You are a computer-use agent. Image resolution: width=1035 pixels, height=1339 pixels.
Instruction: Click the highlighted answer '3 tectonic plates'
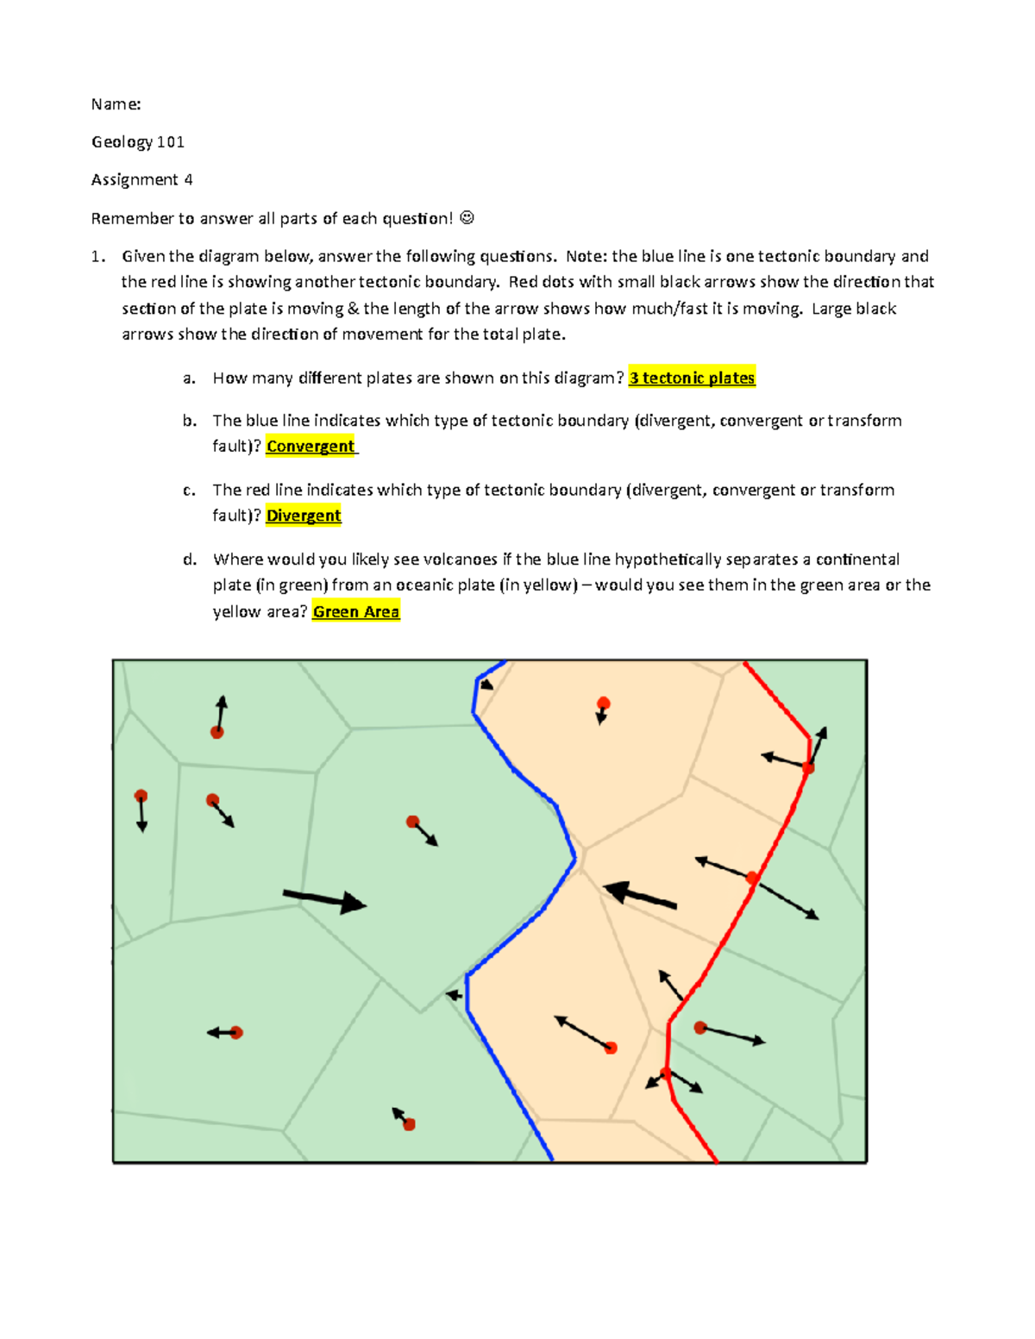[x=692, y=378]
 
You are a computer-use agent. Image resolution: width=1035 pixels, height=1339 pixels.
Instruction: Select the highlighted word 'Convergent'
[x=310, y=446]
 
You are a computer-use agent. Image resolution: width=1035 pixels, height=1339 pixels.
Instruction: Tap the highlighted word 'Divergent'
[x=304, y=516]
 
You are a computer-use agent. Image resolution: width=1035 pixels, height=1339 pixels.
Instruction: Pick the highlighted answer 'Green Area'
[x=355, y=611]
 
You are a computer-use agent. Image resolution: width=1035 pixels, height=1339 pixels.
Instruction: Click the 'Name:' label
[x=116, y=104]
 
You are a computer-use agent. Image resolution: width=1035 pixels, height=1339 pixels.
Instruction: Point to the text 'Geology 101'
[x=137, y=141]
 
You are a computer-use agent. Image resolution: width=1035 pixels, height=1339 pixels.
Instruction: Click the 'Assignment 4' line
[x=141, y=179]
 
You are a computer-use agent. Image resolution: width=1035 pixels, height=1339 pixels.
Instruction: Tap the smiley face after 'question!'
[x=467, y=218]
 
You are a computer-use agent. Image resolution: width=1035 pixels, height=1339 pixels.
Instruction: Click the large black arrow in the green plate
[x=325, y=900]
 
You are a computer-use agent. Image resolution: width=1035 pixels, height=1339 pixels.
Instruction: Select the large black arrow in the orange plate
[x=639, y=895]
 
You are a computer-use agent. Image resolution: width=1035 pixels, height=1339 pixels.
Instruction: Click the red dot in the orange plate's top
[x=604, y=704]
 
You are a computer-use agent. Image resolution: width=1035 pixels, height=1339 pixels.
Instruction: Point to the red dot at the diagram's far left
[x=141, y=796]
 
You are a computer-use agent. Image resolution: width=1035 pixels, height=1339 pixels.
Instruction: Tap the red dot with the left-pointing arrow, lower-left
[x=236, y=1032]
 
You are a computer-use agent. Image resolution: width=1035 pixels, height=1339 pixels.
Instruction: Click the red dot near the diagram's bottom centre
[x=409, y=1124]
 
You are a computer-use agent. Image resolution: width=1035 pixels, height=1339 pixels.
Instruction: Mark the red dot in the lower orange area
[x=611, y=1048]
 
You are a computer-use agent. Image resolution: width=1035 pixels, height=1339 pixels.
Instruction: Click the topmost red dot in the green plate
[x=217, y=732]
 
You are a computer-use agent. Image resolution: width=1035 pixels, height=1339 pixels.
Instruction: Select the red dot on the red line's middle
[x=752, y=878]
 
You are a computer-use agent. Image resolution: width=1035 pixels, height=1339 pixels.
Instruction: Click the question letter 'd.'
[x=190, y=559]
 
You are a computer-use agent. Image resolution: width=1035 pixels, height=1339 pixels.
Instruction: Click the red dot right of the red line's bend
[x=700, y=1028]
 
